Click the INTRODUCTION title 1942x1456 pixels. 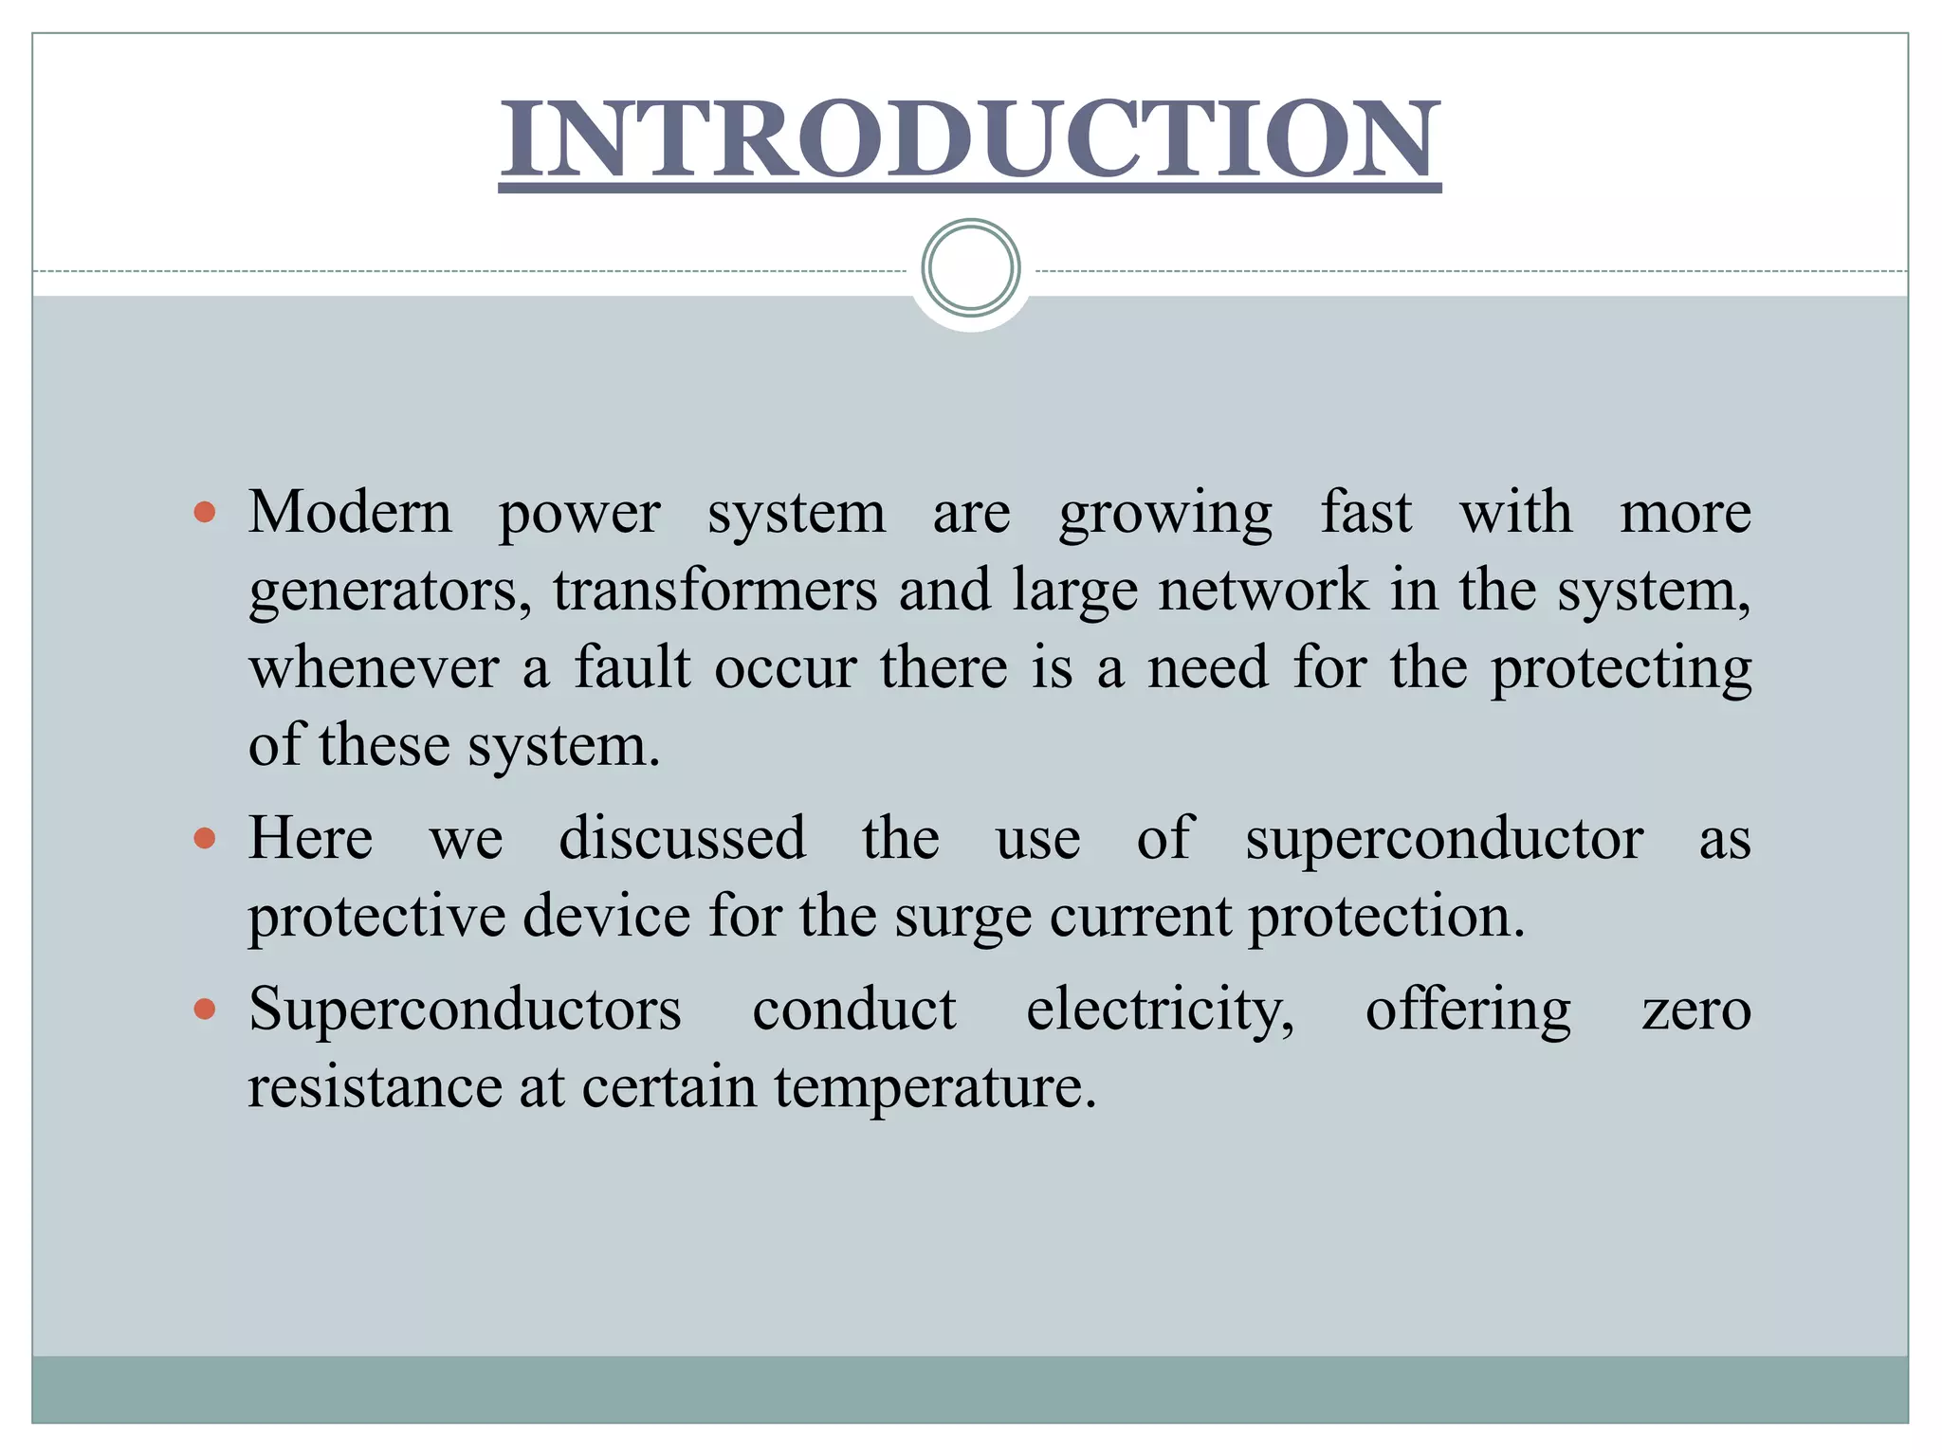coord(969,140)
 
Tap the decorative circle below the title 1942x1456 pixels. coord(970,267)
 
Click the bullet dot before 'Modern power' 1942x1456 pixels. coord(204,513)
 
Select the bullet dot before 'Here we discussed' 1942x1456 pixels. coord(204,838)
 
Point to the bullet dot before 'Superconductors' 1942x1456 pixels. coord(204,1009)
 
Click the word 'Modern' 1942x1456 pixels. coord(350,513)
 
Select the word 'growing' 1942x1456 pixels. coord(1165,515)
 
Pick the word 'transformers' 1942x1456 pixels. coord(716,590)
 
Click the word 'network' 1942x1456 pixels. coord(1263,590)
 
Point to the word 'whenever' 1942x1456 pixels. coord(374,667)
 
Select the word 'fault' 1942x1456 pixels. coord(632,667)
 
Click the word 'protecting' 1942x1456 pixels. coord(1621,669)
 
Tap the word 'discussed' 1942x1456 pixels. coord(682,838)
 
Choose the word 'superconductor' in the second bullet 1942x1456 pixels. coord(1444,840)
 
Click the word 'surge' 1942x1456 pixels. coord(962,918)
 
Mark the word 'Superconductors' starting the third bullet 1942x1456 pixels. coord(465,1009)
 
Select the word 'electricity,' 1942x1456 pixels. coord(1160,1010)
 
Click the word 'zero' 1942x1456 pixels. coord(1696,1010)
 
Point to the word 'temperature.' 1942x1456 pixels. coord(935,1087)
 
